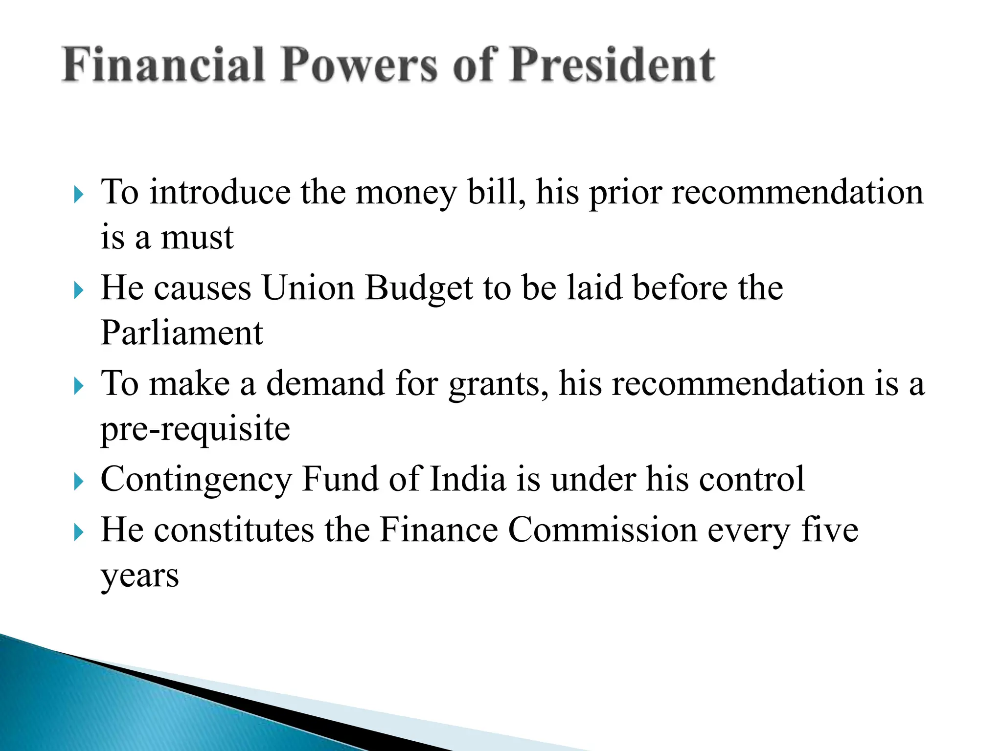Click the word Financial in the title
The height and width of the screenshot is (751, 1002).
[x=163, y=65]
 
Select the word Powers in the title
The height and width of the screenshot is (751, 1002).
[x=359, y=65]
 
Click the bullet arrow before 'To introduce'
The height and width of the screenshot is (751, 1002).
[x=79, y=195]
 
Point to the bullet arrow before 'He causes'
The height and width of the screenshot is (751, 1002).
[x=79, y=290]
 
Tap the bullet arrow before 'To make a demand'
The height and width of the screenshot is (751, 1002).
[x=79, y=386]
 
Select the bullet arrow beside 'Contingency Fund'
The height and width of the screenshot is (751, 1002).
[x=79, y=482]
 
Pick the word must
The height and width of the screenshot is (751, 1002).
[x=197, y=238]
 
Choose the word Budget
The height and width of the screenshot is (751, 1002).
[x=419, y=288]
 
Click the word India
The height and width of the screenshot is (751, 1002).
[x=467, y=479]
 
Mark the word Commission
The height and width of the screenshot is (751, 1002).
[x=603, y=530]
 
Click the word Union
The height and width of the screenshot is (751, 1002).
[x=308, y=288]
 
